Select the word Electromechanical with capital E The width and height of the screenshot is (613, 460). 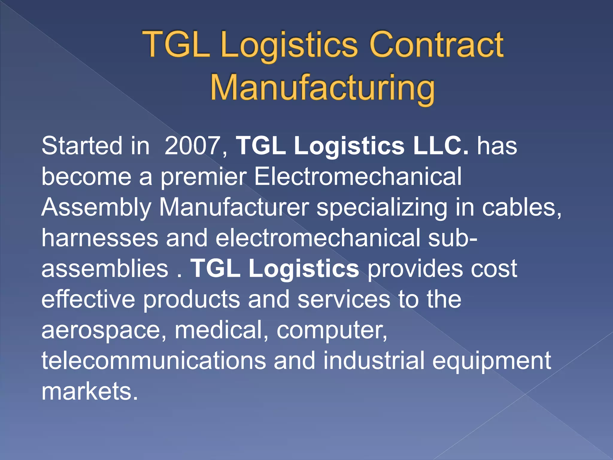point(358,177)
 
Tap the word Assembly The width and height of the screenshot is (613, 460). point(96,208)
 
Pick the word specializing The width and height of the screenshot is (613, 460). point(382,208)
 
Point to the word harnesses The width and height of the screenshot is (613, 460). point(100,238)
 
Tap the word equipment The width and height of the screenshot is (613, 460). point(491,361)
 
